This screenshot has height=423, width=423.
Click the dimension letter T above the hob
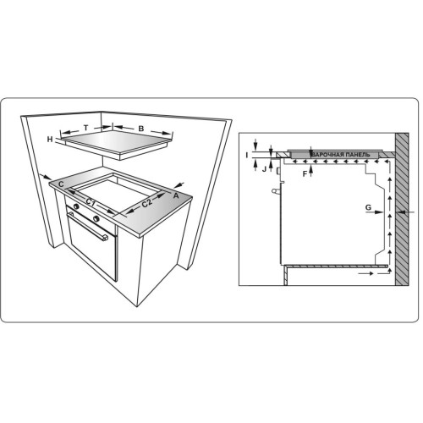[86, 128]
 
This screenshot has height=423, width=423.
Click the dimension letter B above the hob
[141, 129]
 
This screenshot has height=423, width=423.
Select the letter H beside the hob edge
[50, 139]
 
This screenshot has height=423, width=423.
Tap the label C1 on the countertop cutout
[91, 202]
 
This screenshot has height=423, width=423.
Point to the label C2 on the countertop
[147, 203]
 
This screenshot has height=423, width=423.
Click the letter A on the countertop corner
[176, 195]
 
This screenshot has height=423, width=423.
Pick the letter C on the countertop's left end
[61, 184]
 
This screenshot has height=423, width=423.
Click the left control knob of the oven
[76, 206]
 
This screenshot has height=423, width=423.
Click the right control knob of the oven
[96, 218]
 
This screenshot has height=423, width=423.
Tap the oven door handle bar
[87, 227]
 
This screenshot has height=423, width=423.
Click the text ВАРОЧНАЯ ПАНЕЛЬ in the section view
[341, 155]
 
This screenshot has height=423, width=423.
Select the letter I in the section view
[247, 155]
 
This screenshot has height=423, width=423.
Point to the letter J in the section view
[264, 169]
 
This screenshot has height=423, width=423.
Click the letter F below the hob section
[305, 174]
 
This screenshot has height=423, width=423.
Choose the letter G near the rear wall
[368, 207]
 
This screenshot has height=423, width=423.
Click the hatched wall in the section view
[402, 209]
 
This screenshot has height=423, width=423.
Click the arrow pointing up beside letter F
[311, 171]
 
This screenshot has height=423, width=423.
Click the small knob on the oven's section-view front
[274, 191]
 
